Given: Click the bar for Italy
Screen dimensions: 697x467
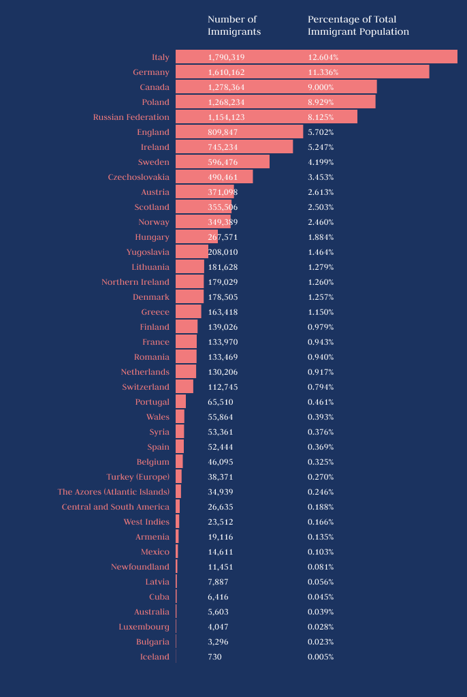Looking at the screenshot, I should click(x=316, y=57).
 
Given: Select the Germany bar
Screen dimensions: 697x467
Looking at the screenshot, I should click(x=302, y=72).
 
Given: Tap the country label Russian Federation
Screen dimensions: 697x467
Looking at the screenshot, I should click(x=131, y=117).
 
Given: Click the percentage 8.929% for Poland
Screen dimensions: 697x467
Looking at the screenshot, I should click(x=323, y=102).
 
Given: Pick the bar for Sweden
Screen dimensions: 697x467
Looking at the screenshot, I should click(x=223, y=162).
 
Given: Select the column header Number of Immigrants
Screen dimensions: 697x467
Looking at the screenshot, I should click(x=234, y=26).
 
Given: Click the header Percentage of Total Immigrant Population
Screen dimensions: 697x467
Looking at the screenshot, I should click(x=358, y=26).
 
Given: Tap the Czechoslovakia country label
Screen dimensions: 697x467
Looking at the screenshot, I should click(x=139, y=177).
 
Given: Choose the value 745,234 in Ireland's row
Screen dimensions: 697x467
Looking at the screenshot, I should click(x=223, y=147).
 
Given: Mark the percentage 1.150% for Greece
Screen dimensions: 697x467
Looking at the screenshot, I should click(x=321, y=312).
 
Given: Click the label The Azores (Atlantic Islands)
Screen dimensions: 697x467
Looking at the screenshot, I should click(x=114, y=492).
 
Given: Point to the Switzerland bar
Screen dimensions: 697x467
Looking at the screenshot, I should click(x=184, y=387).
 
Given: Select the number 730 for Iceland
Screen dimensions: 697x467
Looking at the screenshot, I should click(x=214, y=657).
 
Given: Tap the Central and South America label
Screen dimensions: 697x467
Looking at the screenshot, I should click(x=116, y=507).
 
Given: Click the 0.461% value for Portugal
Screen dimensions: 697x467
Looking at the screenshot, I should click(x=321, y=402).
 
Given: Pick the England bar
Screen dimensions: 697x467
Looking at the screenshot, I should click(x=239, y=132).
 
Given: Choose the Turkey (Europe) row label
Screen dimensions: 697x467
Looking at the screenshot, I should click(x=138, y=477).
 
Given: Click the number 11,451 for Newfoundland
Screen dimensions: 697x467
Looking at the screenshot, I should click(x=221, y=567).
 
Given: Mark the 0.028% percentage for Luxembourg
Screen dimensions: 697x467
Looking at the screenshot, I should click(x=321, y=627).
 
